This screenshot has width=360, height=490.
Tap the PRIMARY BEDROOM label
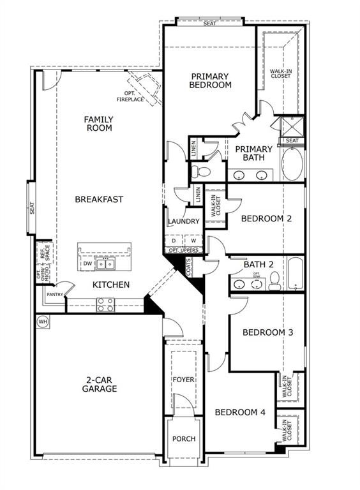pos(211,80)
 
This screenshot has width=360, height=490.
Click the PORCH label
pos(184,439)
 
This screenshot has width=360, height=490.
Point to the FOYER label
pos(184,380)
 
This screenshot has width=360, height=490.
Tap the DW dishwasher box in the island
pos(87,264)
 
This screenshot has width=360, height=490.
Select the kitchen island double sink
pos(106,264)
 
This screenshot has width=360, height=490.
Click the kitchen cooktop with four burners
pos(105,305)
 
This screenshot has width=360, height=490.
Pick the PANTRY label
pos(54,295)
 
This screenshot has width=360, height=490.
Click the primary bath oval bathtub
pos(293,165)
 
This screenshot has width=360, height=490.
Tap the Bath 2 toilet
pos(274,279)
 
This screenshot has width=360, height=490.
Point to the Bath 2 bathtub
pos(296,273)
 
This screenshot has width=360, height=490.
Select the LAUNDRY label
pos(184,221)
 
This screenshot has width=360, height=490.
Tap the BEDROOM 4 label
pos(239,412)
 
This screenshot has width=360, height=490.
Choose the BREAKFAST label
pos(99,199)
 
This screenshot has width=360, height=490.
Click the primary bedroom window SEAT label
pos(209,24)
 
